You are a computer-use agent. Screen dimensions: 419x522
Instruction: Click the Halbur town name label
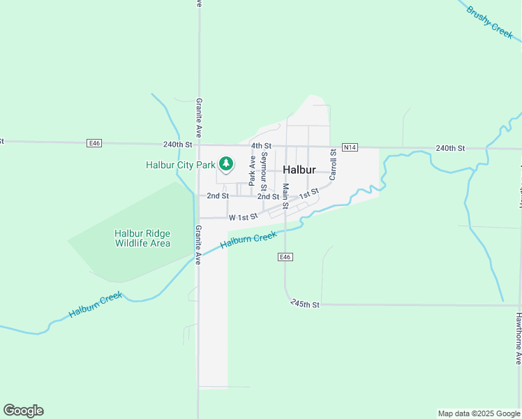pos(299,170)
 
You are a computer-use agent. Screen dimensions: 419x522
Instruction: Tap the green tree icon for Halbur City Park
pos(225,164)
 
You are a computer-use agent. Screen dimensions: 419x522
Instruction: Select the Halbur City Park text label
pos(181,166)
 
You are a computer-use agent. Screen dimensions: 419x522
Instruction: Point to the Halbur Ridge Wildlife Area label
pos(142,238)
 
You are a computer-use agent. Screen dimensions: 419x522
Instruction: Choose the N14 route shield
pos(350,147)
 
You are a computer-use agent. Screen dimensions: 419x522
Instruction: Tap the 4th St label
pos(261,145)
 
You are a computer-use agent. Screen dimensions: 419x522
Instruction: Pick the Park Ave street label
pos(252,170)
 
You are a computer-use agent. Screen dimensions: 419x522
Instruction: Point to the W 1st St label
pos(244,217)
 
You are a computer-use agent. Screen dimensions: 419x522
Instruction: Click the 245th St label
pos(305,304)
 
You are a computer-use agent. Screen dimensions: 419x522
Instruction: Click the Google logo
pos(23,411)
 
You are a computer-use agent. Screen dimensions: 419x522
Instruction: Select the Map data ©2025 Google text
pos(479,413)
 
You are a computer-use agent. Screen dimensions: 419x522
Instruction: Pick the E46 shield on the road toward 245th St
pos(284,257)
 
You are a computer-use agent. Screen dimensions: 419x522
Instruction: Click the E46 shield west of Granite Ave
pos(95,143)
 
